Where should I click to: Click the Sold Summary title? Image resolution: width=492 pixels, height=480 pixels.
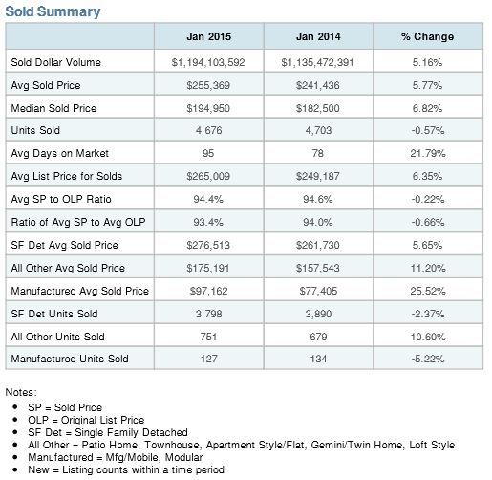(53, 11)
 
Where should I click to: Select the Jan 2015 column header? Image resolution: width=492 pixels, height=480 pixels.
(209, 36)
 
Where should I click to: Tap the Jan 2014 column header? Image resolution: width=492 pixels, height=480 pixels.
(318, 36)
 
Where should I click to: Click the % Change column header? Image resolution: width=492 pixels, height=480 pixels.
(427, 36)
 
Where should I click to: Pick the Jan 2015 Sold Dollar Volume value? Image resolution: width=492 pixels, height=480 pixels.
(208, 62)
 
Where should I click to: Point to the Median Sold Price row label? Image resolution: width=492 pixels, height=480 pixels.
(53, 108)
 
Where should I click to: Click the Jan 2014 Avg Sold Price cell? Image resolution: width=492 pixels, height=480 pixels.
(318, 85)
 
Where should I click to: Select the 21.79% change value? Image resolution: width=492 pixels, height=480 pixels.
(428, 153)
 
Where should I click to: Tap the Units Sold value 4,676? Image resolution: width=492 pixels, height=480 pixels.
(208, 130)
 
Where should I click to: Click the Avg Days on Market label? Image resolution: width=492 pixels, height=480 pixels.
(60, 153)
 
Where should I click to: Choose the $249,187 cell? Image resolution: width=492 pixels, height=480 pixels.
(318, 176)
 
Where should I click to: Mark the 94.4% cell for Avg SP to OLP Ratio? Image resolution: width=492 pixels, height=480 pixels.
(208, 199)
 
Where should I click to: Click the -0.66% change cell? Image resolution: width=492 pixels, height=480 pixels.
(428, 222)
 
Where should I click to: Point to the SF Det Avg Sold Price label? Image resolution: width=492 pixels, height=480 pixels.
(64, 245)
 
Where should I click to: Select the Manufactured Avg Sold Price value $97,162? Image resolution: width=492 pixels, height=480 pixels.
(208, 291)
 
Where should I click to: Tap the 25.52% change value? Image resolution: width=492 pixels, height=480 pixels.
(428, 291)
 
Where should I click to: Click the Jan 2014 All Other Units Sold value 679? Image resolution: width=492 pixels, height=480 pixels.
(318, 337)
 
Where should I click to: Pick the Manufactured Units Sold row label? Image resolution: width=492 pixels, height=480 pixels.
(70, 359)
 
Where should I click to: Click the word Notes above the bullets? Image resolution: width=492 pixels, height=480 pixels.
(21, 392)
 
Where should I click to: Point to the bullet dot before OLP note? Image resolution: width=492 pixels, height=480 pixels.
(15, 420)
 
